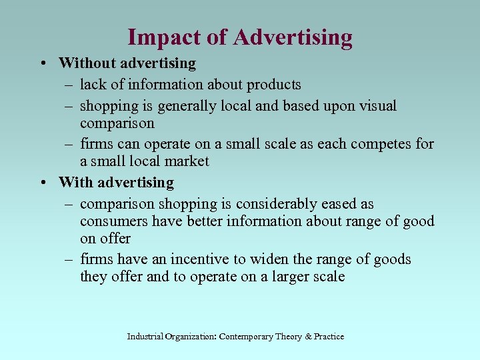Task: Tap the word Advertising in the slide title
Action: [293, 37]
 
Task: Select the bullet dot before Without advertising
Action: [42, 63]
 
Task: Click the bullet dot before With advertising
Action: [42, 182]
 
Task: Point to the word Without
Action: [84, 63]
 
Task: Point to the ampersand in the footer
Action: [308, 337]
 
